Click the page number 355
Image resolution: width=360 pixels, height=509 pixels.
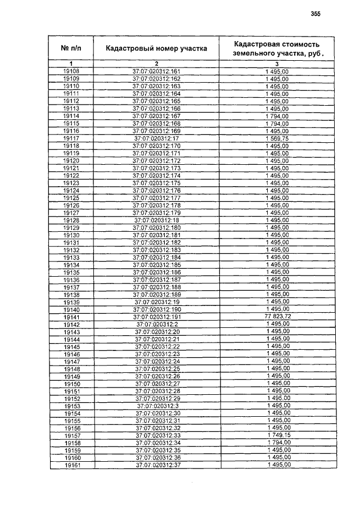[x=315, y=15]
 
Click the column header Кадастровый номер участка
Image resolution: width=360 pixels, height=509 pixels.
[x=156, y=48]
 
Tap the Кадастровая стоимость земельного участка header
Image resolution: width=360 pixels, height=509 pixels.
[x=277, y=48]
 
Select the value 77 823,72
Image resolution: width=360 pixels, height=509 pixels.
[x=277, y=317]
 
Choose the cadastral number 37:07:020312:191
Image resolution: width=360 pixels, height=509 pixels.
[x=156, y=317]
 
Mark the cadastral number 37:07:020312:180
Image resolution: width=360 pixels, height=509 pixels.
[x=156, y=228]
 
